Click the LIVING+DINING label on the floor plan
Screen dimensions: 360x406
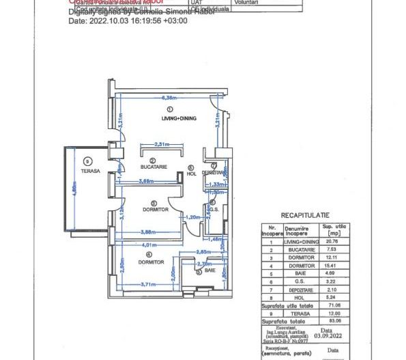[179, 119]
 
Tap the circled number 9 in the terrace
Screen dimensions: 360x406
[87, 161]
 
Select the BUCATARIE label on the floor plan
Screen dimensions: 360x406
[154, 167]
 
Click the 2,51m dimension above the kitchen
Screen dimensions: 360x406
[162, 144]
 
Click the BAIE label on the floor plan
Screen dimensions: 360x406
[209, 271]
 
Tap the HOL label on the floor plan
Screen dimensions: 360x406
[191, 174]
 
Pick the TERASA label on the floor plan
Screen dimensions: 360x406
[90, 171]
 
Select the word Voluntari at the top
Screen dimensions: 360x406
[246, 3]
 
